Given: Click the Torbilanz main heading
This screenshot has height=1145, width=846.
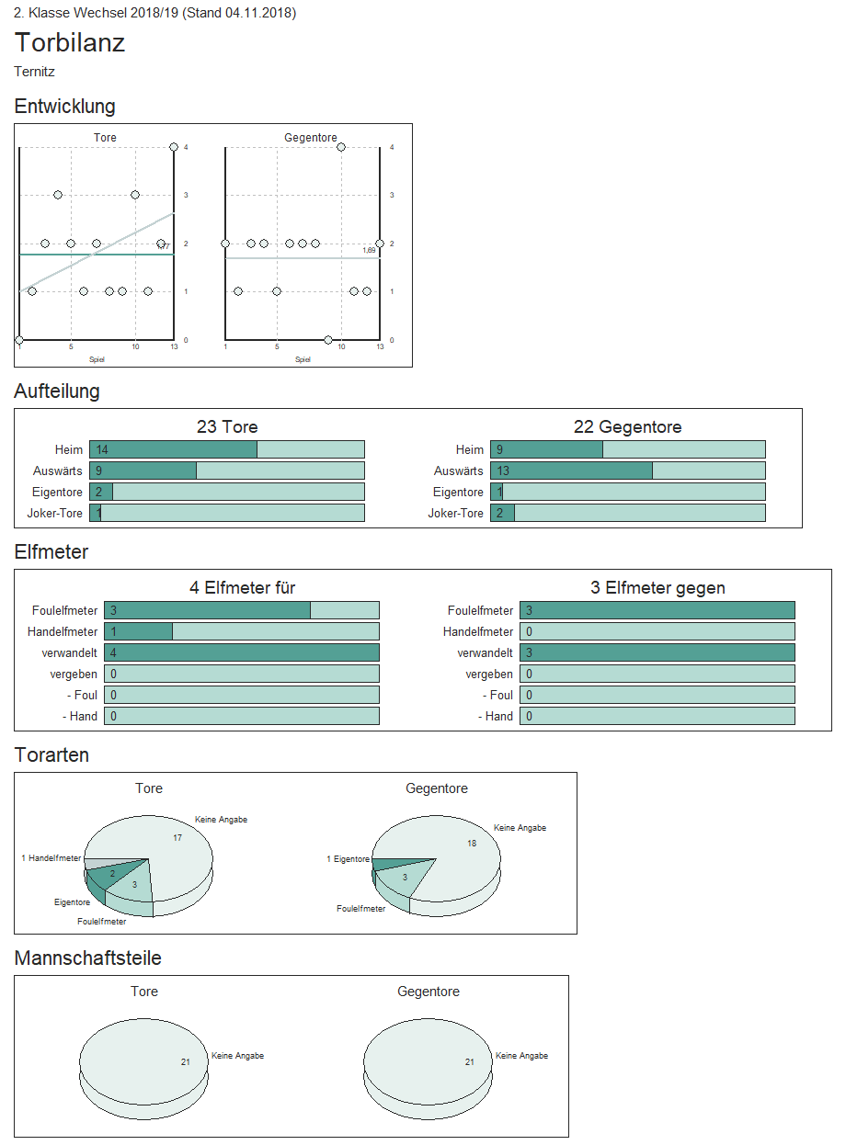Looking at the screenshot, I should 70,43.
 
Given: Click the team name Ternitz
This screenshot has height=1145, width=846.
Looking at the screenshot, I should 35,72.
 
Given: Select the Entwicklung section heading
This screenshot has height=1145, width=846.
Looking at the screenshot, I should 64,107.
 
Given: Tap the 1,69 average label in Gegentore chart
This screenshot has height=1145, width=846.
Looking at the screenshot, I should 369,250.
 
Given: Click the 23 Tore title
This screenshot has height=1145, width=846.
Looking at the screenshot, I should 227,427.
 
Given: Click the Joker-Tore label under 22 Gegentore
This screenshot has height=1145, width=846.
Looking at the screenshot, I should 455,513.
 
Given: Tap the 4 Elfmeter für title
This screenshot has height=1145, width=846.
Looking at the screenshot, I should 242,588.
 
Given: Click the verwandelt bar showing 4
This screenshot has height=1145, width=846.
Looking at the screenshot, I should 241,652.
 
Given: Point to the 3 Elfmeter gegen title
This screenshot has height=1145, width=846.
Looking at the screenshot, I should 657,588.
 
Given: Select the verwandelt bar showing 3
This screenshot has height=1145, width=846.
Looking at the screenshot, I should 657,652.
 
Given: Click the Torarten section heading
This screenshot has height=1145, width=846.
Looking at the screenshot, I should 51,755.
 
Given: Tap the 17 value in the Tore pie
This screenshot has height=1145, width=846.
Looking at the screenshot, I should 177,837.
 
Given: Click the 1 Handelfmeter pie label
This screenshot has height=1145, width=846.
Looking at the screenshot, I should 51,858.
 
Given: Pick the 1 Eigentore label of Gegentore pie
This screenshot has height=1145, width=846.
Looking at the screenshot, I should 348,859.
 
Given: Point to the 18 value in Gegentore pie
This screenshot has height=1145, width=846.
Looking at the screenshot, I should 472,843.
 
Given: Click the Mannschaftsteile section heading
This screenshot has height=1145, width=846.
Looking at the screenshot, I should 87,958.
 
